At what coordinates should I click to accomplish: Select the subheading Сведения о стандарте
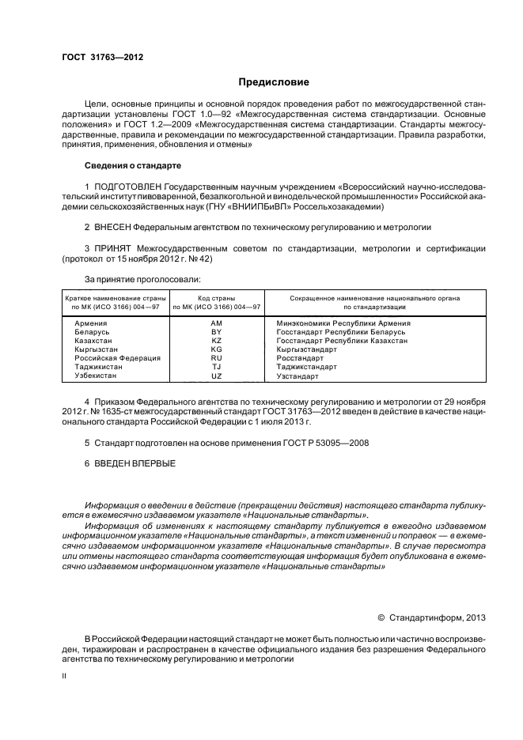[x=133, y=166]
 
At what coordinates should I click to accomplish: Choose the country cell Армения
[x=91, y=323]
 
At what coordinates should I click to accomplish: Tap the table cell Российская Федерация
[x=117, y=357]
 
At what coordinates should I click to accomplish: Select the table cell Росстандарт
[x=298, y=357]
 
